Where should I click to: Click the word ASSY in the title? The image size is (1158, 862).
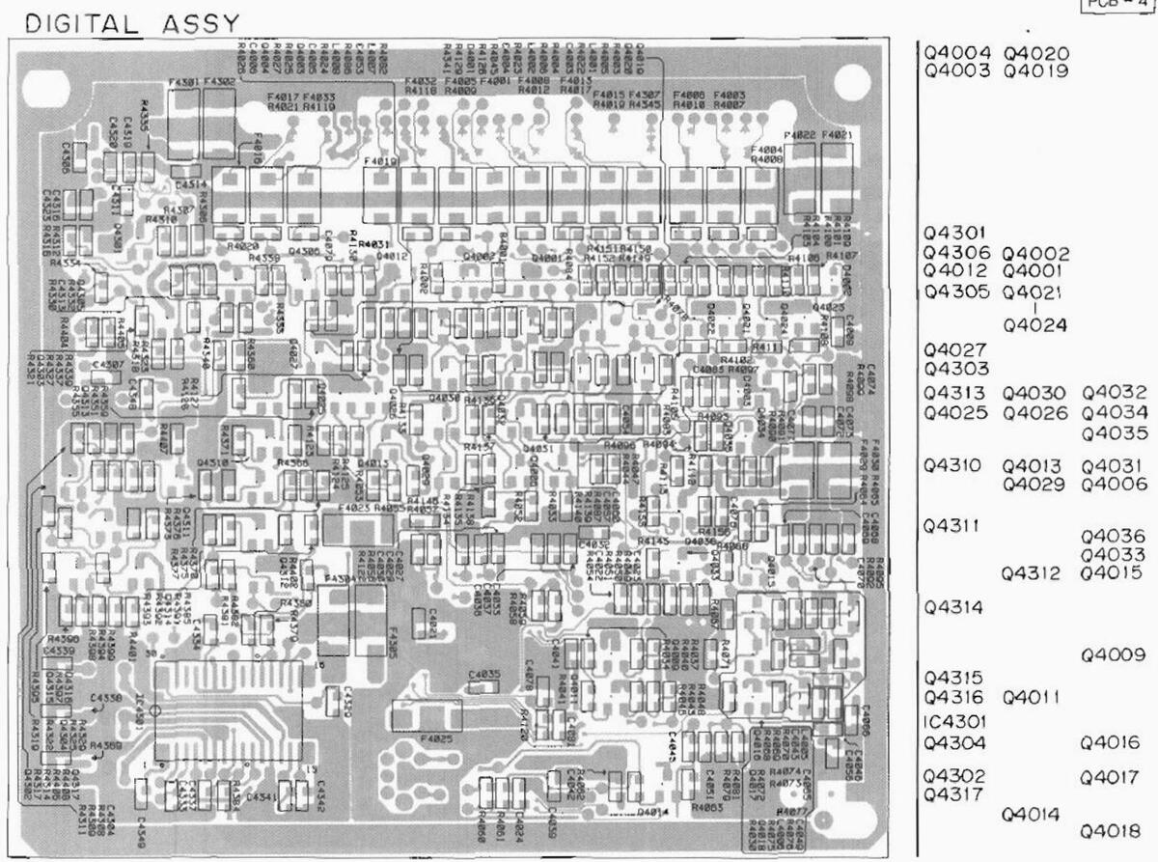click(x=200, y=22)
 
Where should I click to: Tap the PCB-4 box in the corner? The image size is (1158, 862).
click(x=1140, y=5)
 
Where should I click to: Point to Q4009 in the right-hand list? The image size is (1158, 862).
click(x=1113, y=655)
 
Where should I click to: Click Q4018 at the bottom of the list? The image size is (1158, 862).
click(x=1113, y=831)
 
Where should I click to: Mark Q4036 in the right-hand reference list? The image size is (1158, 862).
click(x=1113, y=536)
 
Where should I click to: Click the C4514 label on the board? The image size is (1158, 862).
click(x=190, y=183)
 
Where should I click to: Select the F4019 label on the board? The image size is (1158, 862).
click(x=381, y=163)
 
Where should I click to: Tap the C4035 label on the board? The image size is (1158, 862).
click(x=483, y=674)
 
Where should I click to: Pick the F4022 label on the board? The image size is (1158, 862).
click(x=801, y=136)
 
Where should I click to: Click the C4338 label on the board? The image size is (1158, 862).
click(x=106, y=697)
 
